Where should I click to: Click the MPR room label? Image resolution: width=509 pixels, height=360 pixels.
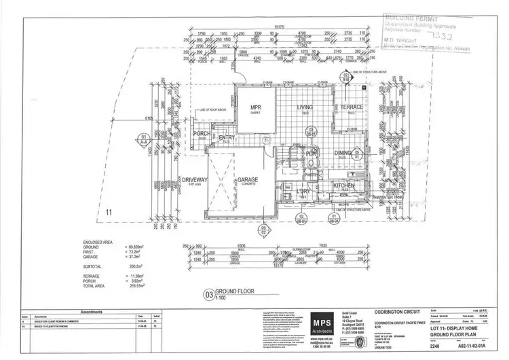click(256, 108)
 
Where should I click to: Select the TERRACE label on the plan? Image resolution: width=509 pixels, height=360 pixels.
click(352, 107)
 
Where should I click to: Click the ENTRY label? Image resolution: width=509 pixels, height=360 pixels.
click(226, 138)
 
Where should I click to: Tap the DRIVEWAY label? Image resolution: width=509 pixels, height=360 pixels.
click(193, 179)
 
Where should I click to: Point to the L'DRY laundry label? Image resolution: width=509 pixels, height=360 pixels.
click(302, 192)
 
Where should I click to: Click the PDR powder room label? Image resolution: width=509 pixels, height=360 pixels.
click(312, 154)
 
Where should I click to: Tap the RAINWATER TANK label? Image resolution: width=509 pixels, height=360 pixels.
click(383, 199)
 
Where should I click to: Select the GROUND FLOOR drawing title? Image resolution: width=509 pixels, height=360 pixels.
click(235, 294)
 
